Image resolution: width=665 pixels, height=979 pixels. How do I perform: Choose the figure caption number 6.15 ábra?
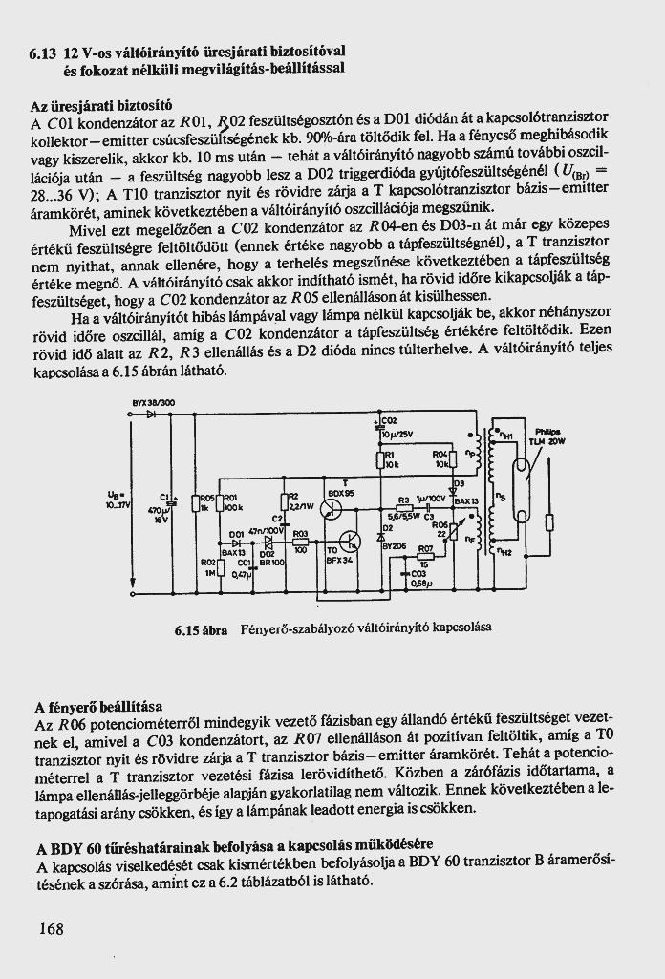201,630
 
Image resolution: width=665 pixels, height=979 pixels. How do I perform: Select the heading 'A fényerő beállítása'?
97,707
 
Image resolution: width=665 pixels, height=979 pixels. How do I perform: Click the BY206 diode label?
395,545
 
